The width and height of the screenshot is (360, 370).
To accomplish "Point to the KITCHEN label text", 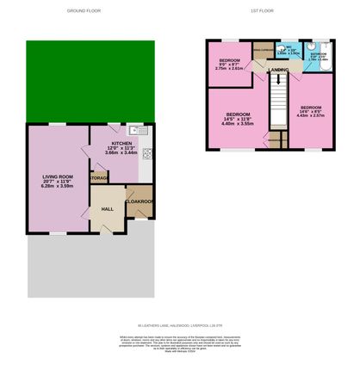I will pos(121,145).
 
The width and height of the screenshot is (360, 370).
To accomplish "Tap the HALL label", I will pos(108,208).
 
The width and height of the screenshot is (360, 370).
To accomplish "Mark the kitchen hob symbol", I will pos(146,155).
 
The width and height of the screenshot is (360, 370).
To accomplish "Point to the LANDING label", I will pos(277,69).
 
